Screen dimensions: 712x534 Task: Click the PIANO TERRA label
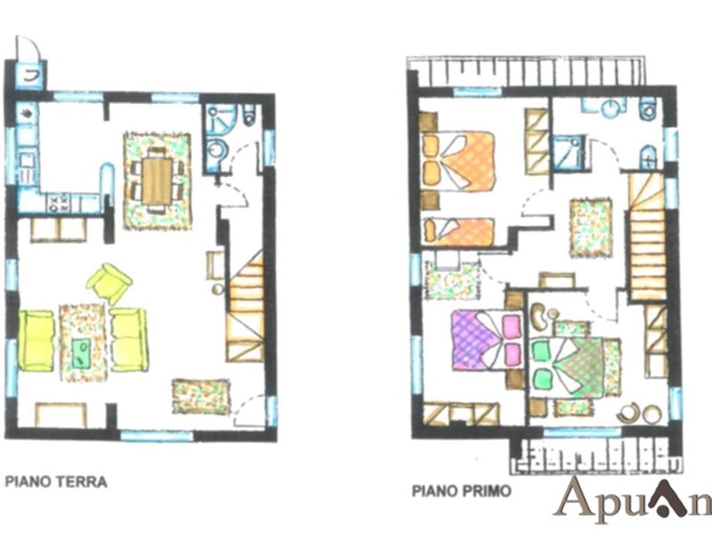[x=56, y=481]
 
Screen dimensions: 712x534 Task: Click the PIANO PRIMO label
[x=461, y=491]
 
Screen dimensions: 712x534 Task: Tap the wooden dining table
[x=158, y=181]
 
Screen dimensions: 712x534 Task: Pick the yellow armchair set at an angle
[x=109, y=283]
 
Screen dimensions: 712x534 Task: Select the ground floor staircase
[x=245, y=306]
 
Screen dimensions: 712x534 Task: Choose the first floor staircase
[x=648, y=236]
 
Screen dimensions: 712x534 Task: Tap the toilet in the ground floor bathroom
[x=249, y=115]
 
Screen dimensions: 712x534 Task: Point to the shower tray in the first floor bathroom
[x=566, y=152]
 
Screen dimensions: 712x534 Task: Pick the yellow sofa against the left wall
[x=36, y=341]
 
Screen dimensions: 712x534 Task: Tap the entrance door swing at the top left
[x=28, y=47]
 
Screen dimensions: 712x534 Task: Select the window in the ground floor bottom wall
[x=158, y=435]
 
